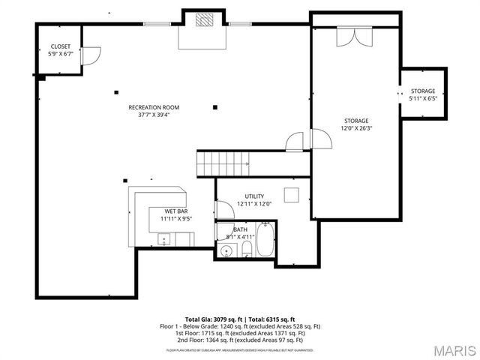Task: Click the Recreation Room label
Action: click(154, 107)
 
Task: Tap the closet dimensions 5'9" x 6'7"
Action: click(60, 54)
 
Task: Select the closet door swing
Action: click(89, 55)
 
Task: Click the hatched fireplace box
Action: click(205, 20)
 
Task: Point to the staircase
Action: click(223, 161)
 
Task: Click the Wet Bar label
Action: click(177, 211)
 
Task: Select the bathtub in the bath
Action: click(266, 241)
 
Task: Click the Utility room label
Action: click(254, 196)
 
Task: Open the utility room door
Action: click(223, 209)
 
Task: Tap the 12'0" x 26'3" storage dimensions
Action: click(356, 128)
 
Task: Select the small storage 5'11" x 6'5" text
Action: click(422, 98)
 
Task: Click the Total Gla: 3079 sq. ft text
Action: click(212, 319)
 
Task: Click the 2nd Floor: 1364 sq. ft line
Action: click(240, 340)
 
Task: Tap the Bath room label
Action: click(240, 229)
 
